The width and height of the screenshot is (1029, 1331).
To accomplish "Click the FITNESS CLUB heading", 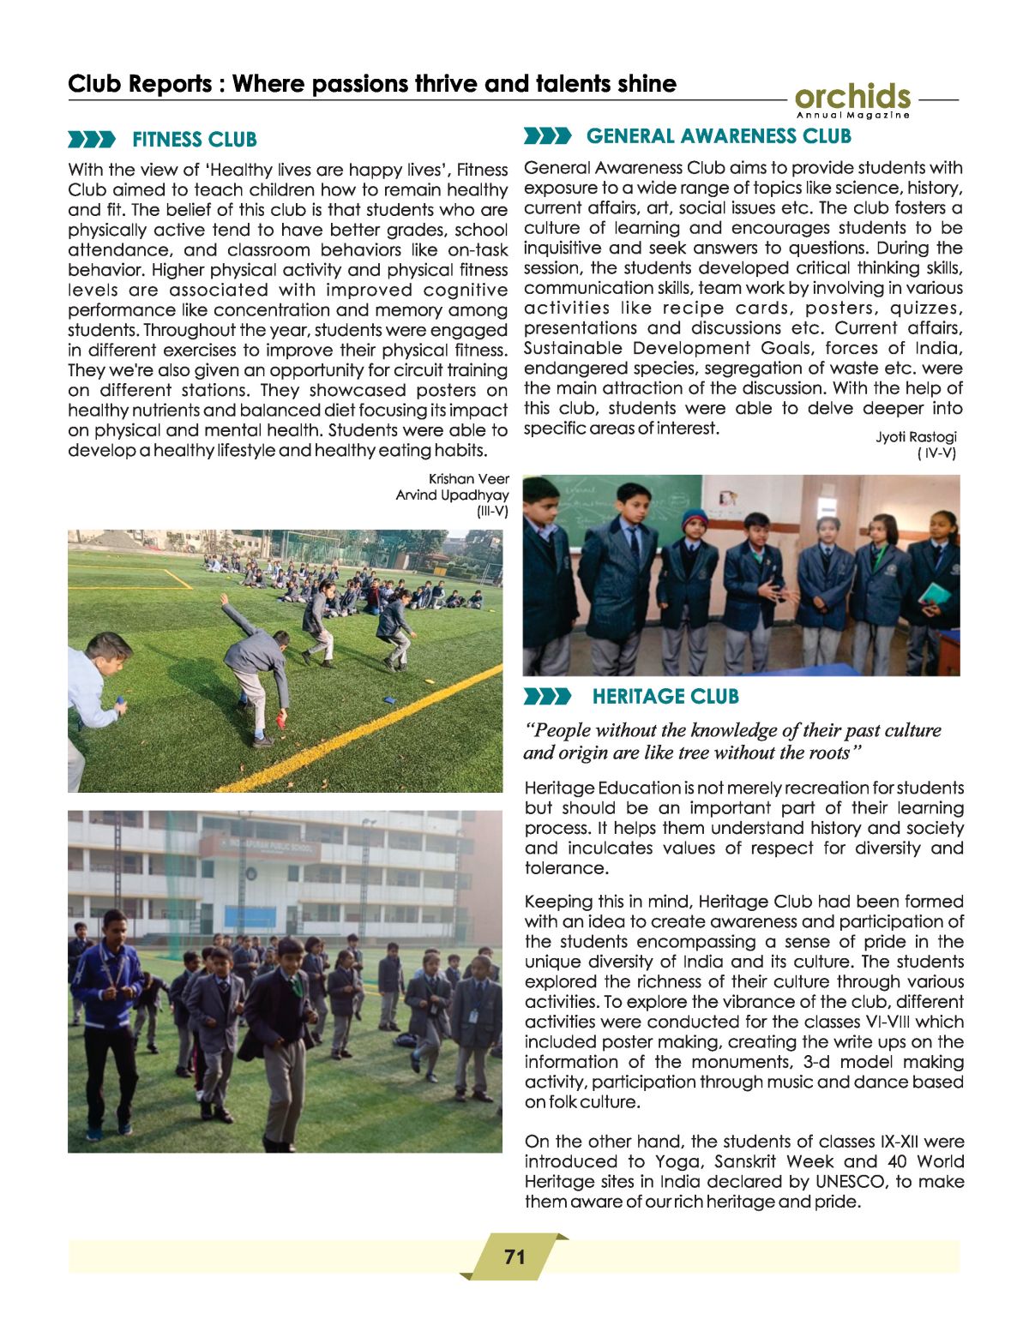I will (194, 140).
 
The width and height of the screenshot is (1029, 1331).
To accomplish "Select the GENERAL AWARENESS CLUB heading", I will (719, 136).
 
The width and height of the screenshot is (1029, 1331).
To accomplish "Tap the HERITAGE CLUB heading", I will (665, 697).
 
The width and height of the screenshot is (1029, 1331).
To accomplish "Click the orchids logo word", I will (852, 96).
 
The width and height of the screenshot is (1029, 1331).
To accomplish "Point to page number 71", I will (514, 1257).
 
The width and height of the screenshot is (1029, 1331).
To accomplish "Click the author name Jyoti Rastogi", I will (916, 437).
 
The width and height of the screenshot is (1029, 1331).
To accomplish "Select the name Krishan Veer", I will (468, 479).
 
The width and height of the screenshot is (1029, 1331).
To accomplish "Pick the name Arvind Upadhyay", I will (452, 495).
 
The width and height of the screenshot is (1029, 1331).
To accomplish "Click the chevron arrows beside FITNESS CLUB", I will (92, 140).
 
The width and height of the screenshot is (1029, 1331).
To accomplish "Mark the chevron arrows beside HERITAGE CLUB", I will (547, 697).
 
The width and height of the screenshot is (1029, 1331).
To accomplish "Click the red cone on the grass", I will (281, 721).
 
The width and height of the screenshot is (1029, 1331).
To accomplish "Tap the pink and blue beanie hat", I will (694, 519).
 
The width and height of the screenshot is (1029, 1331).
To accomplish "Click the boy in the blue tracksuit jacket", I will (107, 986).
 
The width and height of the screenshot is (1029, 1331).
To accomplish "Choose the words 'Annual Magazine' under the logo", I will (852, 115).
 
